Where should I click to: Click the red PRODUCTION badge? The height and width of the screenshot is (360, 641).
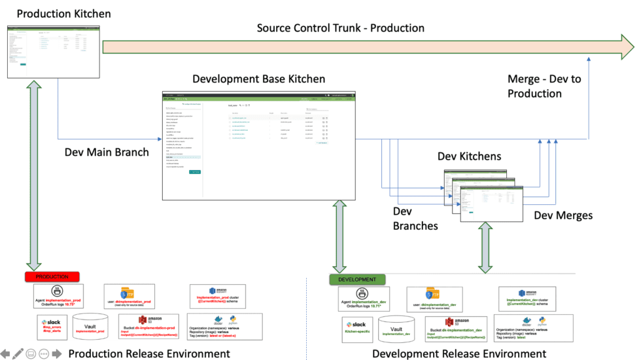(52, 277)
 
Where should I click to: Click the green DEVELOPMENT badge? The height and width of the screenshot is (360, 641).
(356, 279)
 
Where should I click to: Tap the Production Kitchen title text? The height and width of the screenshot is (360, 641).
(63, 13)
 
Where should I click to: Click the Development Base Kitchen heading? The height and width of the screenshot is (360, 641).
(258, 79)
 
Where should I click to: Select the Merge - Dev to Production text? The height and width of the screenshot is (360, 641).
(544, 86)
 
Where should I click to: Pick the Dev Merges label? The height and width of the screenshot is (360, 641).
(563, 215)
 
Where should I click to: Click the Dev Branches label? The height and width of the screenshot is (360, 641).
(415, 219)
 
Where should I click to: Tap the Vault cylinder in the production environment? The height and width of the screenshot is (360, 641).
(90, 326)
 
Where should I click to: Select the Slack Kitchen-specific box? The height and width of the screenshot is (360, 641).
(357, 330)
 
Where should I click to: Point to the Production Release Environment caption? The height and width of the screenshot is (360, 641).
(149, 353)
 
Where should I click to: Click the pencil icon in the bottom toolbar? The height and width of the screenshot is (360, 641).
(18, 353)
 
